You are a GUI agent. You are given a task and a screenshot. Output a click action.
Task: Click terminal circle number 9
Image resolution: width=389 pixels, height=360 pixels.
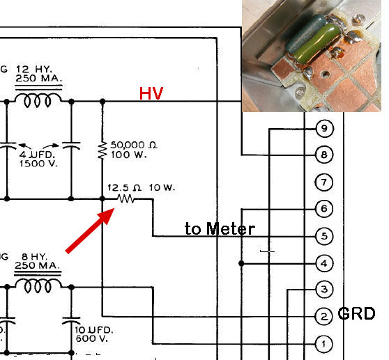click(324, 129)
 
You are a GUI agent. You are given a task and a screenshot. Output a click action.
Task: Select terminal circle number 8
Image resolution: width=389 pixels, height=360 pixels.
click(324, 155)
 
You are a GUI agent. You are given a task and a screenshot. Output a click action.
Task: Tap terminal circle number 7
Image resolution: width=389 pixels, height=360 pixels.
click(324, 182)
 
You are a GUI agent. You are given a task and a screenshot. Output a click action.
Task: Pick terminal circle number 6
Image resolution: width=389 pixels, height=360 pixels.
click(324, 209)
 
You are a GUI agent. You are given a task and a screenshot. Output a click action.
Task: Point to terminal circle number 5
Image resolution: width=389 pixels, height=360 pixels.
click(324, 236)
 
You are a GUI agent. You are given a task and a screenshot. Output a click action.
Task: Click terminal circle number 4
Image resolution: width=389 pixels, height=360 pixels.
click(324, 263)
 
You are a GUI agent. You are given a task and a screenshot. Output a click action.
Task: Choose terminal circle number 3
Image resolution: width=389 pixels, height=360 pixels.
click(324, 290)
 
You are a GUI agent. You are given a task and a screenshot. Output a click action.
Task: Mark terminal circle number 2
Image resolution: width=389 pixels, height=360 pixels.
click(323, 317)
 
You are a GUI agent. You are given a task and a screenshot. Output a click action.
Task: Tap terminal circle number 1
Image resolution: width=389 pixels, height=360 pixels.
click(323, 344)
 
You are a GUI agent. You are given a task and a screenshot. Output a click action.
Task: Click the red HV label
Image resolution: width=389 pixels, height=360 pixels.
click(151, 93)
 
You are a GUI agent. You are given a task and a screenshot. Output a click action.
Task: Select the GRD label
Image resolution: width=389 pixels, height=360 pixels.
click(356, 313)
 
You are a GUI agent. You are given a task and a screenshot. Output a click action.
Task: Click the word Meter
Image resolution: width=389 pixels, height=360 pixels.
click(231, 228)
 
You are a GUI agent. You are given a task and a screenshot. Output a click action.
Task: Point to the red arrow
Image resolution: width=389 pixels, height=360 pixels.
click(90, 230)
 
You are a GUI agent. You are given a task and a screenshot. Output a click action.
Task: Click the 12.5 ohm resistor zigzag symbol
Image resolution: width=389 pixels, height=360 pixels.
click(125, 198)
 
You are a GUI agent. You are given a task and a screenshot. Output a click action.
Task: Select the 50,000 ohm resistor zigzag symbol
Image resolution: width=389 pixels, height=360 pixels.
click(102, 150)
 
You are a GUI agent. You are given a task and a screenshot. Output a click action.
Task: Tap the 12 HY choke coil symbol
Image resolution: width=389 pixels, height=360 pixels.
click(38, 100)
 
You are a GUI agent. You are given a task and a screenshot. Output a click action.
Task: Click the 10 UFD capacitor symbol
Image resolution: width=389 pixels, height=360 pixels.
click(71, 320)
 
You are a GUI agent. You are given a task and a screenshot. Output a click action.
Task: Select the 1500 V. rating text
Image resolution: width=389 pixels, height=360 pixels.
click(38, 164)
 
